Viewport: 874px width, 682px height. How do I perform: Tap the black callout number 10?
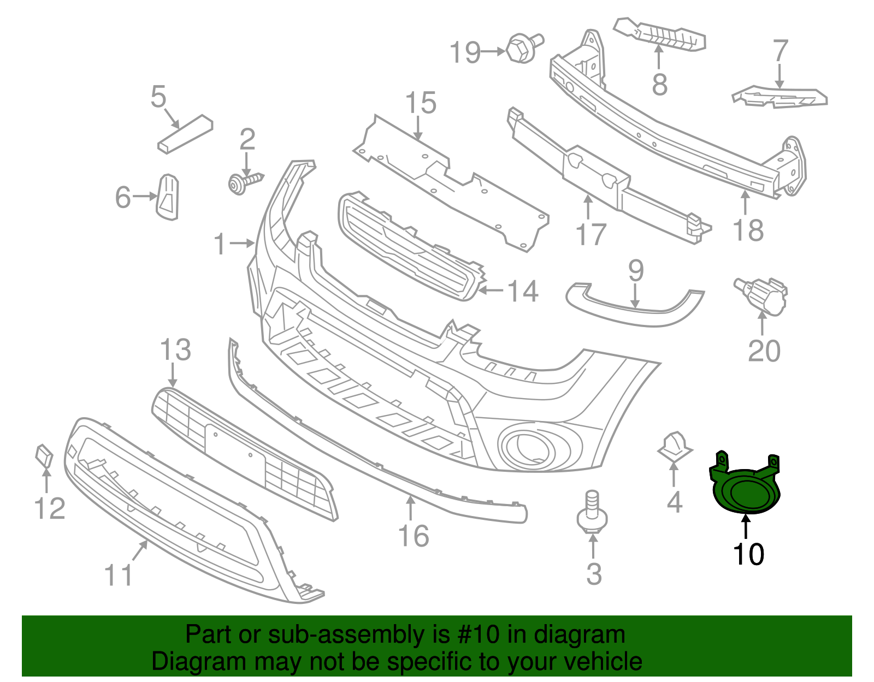point(748,555)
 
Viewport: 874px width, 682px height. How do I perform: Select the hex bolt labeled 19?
point(522,48)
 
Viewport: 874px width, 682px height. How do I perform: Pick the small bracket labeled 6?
point(168,197)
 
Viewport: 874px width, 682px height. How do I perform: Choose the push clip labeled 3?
point(592,513)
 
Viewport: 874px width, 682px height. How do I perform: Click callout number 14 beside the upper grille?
point(523,291)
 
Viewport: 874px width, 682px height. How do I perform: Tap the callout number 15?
point(421,103)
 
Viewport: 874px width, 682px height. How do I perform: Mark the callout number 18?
point(748,230)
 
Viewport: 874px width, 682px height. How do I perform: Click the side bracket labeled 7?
point(780,98)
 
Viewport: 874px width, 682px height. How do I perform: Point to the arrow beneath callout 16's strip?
point(410,508)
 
